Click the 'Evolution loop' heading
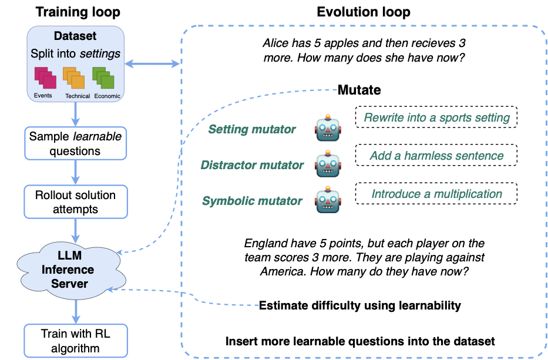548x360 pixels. click(x=363, y=11)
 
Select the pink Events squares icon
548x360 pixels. click(x=44, y=80)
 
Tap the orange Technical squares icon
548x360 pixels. click(x=73, y=80)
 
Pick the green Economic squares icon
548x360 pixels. click(x=103, y=80)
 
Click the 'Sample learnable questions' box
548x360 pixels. click(x=76, y=143)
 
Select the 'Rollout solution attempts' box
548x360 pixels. click(x=76, y=202)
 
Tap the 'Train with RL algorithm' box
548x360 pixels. click(x=76, y=341)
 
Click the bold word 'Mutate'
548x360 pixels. click(x=359, y=90)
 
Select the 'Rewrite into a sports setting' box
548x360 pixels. click(x=436, y=117)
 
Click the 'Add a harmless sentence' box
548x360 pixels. click(x=436, y=156)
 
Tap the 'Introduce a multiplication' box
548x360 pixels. click(x=436, y=193)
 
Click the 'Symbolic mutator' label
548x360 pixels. click(x=253, y=201)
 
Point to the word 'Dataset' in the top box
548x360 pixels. click(x=75, y=37)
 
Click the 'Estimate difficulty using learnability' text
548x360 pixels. click(x=359, y=305)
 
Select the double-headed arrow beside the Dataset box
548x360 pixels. click(x=152, y=63)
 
